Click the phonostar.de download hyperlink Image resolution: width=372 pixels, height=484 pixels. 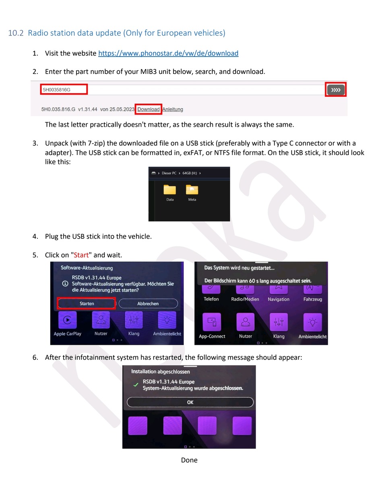168,53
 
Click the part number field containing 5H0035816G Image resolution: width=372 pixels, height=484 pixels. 64,90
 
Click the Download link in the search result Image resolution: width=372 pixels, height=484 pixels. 149,109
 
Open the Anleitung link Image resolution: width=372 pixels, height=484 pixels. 173,109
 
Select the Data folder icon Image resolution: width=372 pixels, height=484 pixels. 170,190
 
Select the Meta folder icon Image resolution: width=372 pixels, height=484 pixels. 192,190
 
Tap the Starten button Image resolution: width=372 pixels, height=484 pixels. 87,303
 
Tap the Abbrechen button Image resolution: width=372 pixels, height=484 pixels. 148,303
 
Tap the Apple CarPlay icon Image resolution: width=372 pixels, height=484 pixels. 68,320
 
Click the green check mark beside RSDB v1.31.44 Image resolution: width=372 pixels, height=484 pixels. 136,385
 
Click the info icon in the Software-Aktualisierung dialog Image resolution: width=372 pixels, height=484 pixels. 65,284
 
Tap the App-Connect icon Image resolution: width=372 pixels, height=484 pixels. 212,322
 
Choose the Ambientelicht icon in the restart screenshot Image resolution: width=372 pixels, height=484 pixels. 313,322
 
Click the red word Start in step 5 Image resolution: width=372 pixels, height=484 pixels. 81,255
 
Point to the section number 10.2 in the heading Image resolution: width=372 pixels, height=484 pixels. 16,33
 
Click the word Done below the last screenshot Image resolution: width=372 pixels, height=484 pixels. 189,460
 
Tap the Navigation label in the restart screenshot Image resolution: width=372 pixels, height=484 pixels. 279,299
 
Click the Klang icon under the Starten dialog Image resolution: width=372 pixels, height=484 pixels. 134,320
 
